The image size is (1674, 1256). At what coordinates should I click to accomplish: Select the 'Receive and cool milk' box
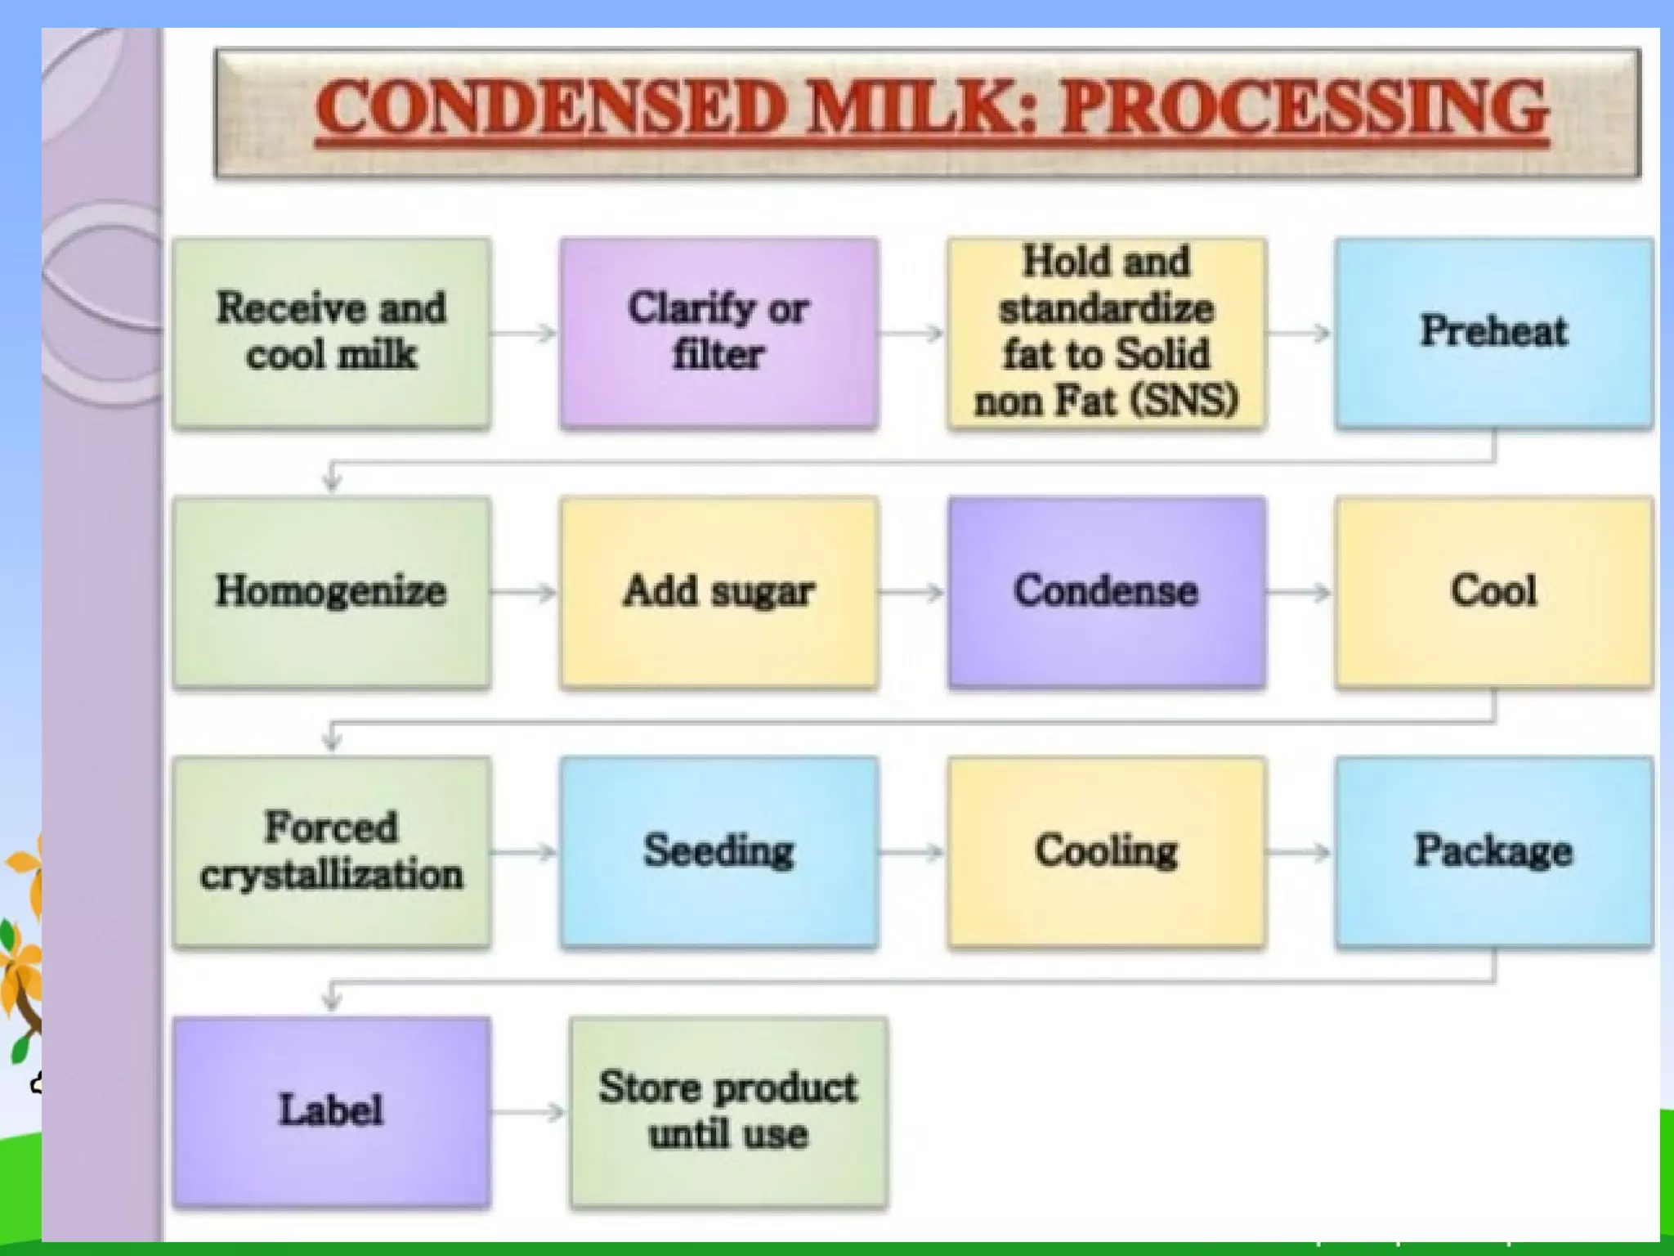[331, 332]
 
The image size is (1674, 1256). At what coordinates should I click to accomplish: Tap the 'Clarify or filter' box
[718, 332]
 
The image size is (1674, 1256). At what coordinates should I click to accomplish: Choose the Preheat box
[1493, 332]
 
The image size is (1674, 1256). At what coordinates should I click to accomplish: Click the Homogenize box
[331, 592]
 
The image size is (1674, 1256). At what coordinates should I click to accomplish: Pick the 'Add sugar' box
[718, 592]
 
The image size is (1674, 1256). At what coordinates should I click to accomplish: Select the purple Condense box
[1106, 592]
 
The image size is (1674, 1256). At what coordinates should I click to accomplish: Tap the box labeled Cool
[1493, 592]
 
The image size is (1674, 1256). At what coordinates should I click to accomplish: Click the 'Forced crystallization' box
[331, 852]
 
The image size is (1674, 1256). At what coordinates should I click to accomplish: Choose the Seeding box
[718, 852]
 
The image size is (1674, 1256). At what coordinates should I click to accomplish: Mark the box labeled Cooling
[1106, 852]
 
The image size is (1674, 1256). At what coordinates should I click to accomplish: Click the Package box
[1493, 852]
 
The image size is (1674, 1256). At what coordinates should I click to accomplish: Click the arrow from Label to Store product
[529, 1112]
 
